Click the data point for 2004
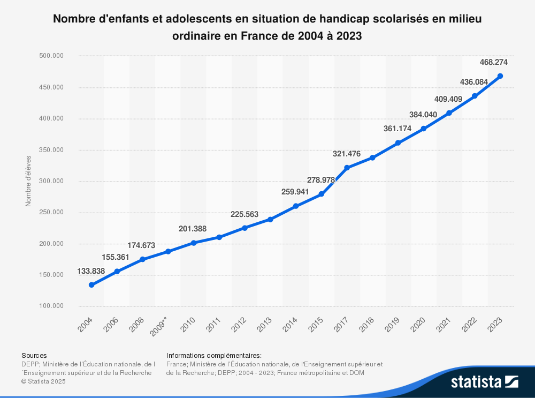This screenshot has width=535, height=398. (x=91, y=285)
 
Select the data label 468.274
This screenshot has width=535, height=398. (x=494, y=62)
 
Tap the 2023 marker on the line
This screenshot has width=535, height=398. (x=500, y=76)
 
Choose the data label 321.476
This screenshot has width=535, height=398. (x=347, y=154)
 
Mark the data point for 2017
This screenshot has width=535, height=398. (x=347, y=168)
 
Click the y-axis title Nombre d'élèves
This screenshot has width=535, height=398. (x=28, y=181)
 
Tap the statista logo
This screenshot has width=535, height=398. (x=484, y=382)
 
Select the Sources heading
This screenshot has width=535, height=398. (x=34, y=355)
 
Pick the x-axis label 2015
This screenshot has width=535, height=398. (x=316, y=325)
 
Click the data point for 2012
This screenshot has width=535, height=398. (x=244, y=228)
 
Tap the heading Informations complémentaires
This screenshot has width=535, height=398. (x=214, y=355)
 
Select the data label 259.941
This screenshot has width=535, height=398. (x=295, y=191)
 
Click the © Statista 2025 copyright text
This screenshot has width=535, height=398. (x=43, y=381)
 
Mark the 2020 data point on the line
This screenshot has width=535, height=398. (x=423, y=129)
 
